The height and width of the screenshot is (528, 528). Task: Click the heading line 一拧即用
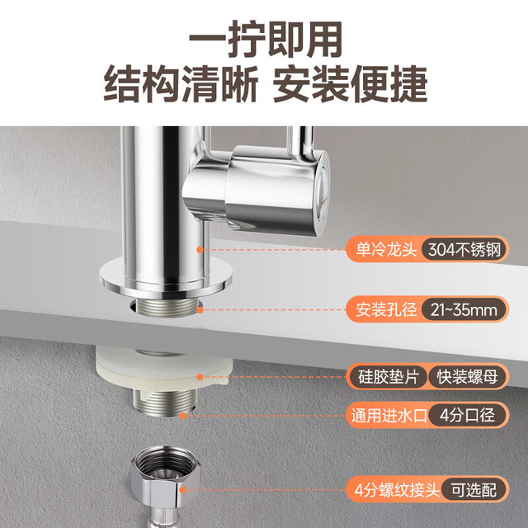point(266,39)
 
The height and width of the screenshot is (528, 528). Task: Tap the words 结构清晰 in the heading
point(181,84)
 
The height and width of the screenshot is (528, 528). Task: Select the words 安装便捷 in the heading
point(350,84)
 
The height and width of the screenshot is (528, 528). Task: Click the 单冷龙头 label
point(386,249)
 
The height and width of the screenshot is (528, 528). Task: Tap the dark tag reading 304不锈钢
point(464,249)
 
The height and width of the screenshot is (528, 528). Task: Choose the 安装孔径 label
point(386,309)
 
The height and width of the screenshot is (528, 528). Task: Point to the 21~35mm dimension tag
point(464,310)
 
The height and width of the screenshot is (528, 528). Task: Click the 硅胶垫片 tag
point(388,376)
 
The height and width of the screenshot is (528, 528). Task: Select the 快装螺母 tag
point(467,376)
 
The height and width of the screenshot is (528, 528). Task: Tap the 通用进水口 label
point(389,415)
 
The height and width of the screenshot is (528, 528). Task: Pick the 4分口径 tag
point(468,415)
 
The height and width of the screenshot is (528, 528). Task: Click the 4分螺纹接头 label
point(397,489)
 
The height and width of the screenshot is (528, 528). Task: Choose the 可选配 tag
point(474,489)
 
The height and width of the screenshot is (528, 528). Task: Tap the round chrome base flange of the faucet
point(167,278)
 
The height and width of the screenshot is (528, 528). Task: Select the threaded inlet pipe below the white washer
point(164,402)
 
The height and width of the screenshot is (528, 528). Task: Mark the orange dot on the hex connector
point(182,489)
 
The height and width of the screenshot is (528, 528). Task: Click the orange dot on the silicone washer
point(200,377)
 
